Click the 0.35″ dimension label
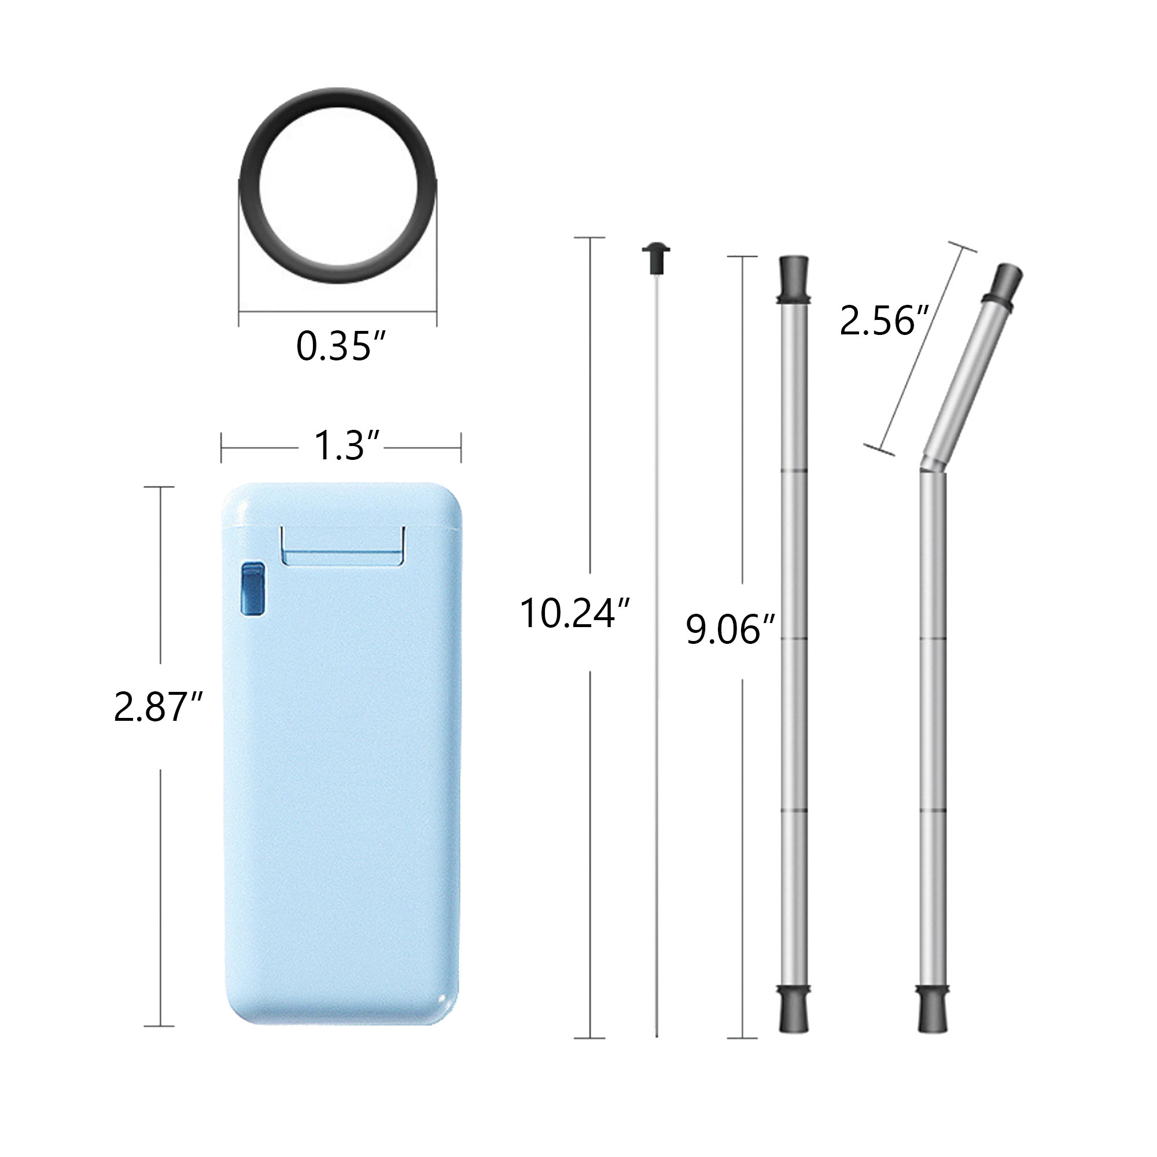[340, 346]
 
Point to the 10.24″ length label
[574, 614]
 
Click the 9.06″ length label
[729, 629]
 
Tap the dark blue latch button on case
[252, 589]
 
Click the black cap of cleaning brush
[656, 257]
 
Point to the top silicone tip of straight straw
[794, 278]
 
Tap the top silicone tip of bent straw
[1005, 285]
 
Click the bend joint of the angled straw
[932, 466]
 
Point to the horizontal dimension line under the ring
[338, 311]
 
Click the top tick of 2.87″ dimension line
[159, 487]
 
